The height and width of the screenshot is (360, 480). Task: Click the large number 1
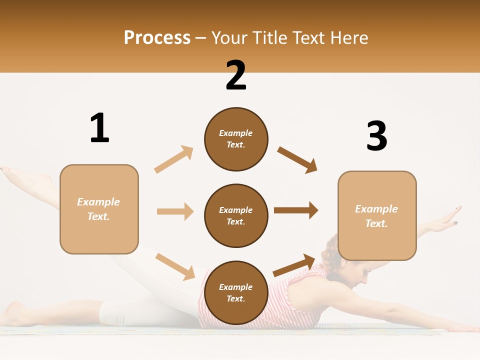tap(99, 128)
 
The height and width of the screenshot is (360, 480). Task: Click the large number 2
tap(236, 75)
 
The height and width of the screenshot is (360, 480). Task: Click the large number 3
tap(376, 136)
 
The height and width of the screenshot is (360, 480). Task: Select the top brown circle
tap(236, 139)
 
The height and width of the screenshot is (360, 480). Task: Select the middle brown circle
tap(236, 215)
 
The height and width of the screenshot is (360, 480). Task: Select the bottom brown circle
tap(236, 292)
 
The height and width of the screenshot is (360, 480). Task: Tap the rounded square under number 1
tap(99, 209)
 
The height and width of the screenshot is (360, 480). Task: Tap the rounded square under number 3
tap(377, 215)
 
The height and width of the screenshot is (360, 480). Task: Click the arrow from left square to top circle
tap(174, 159)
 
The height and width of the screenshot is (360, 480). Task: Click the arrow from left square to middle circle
tap(175, 211)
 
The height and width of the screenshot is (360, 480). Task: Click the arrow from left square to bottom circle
tap(175, 266)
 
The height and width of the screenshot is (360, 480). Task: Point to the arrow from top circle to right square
tap(297, 160)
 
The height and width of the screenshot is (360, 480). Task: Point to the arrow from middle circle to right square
tap(296, 210)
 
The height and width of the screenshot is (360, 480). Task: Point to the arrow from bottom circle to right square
tap(294, 265)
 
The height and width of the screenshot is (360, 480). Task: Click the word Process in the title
tap(157, 38)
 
